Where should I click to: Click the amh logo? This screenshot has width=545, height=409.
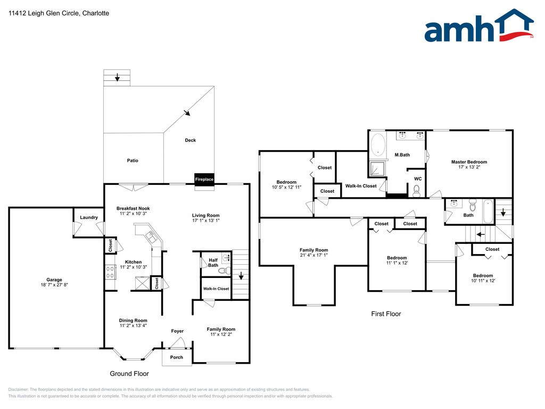[479, 26]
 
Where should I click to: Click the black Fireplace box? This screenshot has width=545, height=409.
[204, 179]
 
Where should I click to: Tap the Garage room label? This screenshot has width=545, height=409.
[54, 280]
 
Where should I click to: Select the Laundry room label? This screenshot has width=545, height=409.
[89, 217]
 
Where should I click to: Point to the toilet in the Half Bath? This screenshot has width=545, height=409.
[225, 270]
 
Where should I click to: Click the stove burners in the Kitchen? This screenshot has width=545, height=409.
[111, 272]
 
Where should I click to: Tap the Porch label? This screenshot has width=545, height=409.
[177, 357]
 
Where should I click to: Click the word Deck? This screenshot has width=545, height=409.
[191, 140]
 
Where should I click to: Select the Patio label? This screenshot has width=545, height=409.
[133, 160]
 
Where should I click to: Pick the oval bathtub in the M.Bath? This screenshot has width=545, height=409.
[378, 145]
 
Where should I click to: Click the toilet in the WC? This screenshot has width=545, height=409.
[417, 191]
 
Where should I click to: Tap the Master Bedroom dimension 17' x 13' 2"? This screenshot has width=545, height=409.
[469, 167]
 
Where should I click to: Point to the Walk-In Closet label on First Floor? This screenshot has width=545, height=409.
[361, 186]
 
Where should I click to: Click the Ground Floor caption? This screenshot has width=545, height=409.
[129, 373]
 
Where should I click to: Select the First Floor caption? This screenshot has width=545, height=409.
[386, 314]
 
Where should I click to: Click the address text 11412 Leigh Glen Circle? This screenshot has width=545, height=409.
[44, 13]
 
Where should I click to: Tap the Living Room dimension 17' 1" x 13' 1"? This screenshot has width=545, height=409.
[206, 220]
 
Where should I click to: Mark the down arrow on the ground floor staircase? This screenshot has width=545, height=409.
[241, 276]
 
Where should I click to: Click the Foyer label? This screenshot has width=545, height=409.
[177, 331]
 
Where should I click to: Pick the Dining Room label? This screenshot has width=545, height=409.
[133, 320]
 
